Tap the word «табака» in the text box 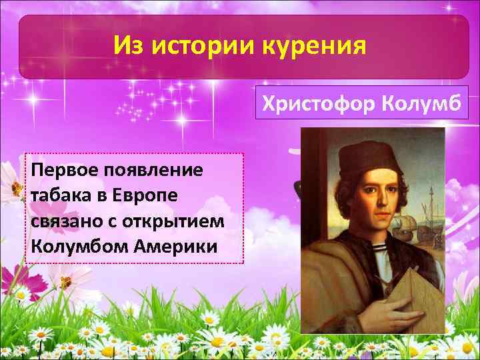pyautogui.click(x=57, y=194)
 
